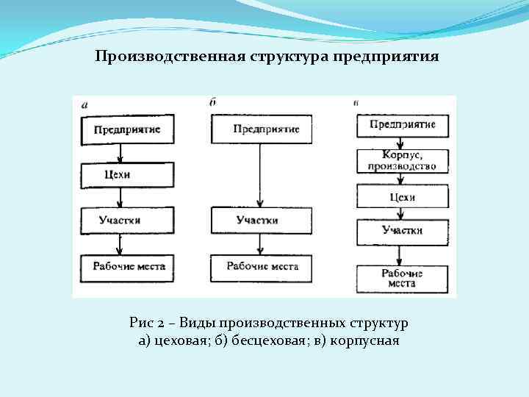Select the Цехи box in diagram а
127,175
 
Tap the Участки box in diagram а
127,220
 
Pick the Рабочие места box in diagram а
127,266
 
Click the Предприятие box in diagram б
262,129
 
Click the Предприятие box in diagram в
402,125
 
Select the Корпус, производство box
402,161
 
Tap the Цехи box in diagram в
402,196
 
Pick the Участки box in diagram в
402,232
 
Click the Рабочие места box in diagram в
402,278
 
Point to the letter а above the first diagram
84,105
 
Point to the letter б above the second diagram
212,103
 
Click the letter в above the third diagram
356,102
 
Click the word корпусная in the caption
364,341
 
